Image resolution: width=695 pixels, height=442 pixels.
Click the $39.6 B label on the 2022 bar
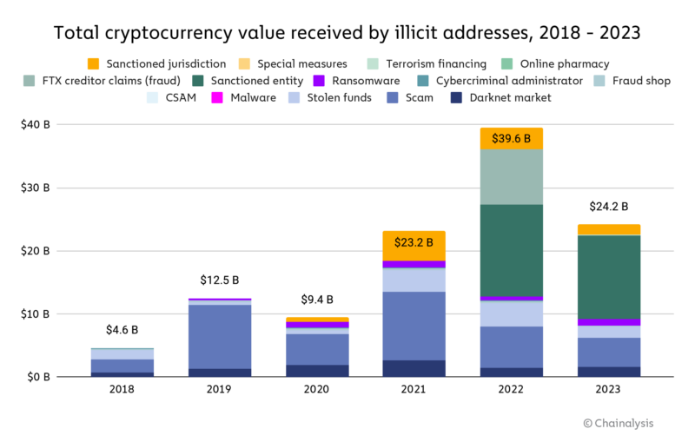coord(512,139)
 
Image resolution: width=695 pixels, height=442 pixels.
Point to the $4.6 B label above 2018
coord(122,330)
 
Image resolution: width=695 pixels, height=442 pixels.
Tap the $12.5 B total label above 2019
coord(221,280)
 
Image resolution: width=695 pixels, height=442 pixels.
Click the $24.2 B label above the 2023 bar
coord(609,207)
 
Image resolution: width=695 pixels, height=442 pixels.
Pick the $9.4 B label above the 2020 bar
coord(318,300)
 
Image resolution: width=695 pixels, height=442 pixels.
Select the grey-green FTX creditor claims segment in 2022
coord(512,176)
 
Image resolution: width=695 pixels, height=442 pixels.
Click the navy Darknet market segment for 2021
coord(414,367)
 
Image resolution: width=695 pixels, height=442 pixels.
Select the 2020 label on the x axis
coord(318,389)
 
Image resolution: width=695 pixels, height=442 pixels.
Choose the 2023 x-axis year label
coord(609,389)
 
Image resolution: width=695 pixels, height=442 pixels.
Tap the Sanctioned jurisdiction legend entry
coord(156,63)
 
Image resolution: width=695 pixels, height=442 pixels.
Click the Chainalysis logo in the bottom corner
coord(619,423)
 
